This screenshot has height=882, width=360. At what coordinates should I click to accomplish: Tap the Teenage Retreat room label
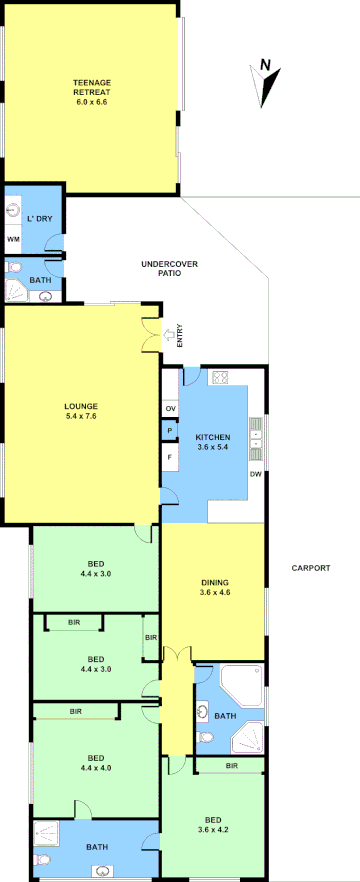[91, 92]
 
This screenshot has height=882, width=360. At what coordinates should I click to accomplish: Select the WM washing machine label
[13, 240]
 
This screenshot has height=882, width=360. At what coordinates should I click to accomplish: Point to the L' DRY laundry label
[40, 218]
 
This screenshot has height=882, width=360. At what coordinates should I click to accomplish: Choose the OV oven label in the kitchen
[170, 408]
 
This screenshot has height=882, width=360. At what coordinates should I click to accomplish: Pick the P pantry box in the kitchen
[170, 431]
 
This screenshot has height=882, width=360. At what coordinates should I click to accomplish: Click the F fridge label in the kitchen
[170, 457]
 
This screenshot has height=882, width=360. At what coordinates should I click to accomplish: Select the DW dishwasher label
[255, 474]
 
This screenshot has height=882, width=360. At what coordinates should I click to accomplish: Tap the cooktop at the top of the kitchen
[222, 378]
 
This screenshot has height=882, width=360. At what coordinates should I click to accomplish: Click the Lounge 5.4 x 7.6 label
[81, 411]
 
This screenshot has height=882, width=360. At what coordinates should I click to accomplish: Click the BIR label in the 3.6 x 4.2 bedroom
[231, 766]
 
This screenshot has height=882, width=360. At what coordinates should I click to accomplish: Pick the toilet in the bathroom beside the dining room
[207, 737]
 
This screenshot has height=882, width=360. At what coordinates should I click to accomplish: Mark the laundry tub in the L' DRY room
[13, 211]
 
